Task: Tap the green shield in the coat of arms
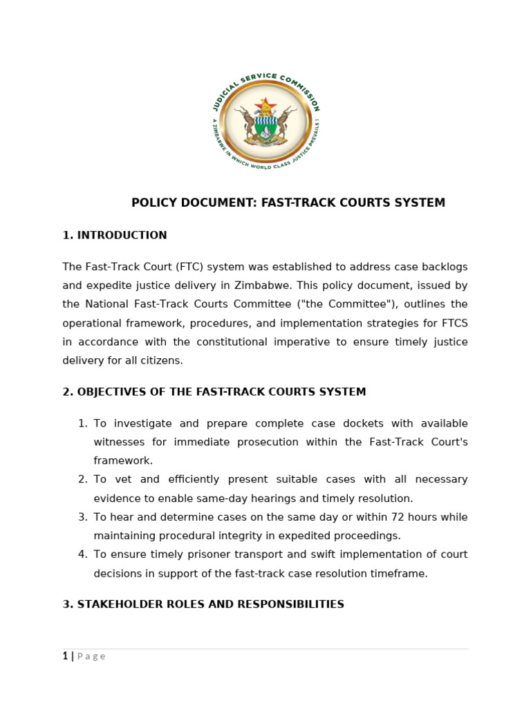(x=265, y=127)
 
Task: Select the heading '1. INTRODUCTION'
(x=115, y=235)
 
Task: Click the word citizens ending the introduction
(x=162, y=360)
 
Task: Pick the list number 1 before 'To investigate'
(x=82, y=423)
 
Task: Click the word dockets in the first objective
(x=334, y=423)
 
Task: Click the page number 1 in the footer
(x=65, y=656)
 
